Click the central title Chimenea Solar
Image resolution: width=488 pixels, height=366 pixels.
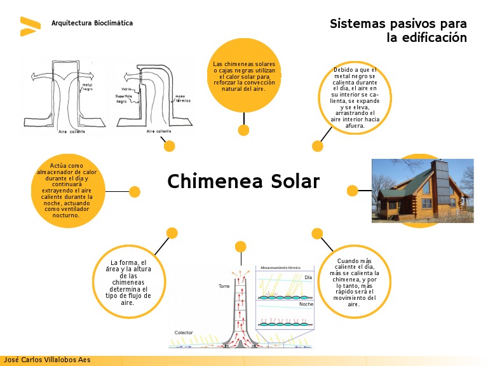point(243,182)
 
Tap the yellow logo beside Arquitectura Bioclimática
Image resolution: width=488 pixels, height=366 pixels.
point(29,26)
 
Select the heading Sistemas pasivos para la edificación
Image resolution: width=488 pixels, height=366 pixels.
point(398,30)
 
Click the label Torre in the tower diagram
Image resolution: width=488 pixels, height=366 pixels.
point(224,287)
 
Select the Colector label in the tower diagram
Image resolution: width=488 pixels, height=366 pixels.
point(184,333)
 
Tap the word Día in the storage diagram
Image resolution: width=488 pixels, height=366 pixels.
point(309,278)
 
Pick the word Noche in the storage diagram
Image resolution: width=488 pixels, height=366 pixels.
point(306,304)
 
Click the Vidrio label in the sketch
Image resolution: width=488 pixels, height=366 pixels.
point(128,89)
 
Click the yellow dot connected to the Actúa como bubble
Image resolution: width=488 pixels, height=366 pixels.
point(135,191)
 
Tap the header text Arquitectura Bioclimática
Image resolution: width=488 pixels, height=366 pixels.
point(92,23)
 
